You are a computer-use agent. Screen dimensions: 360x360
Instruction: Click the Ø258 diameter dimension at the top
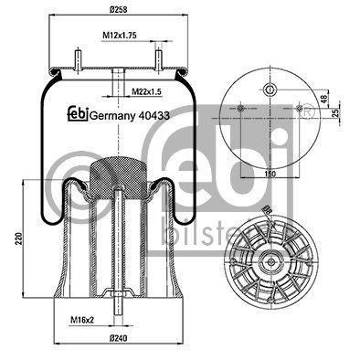click(118, 9)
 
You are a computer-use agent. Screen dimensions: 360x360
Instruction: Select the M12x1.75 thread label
click(119, 36)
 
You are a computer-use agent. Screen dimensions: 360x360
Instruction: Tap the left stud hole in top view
click(239, 109)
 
